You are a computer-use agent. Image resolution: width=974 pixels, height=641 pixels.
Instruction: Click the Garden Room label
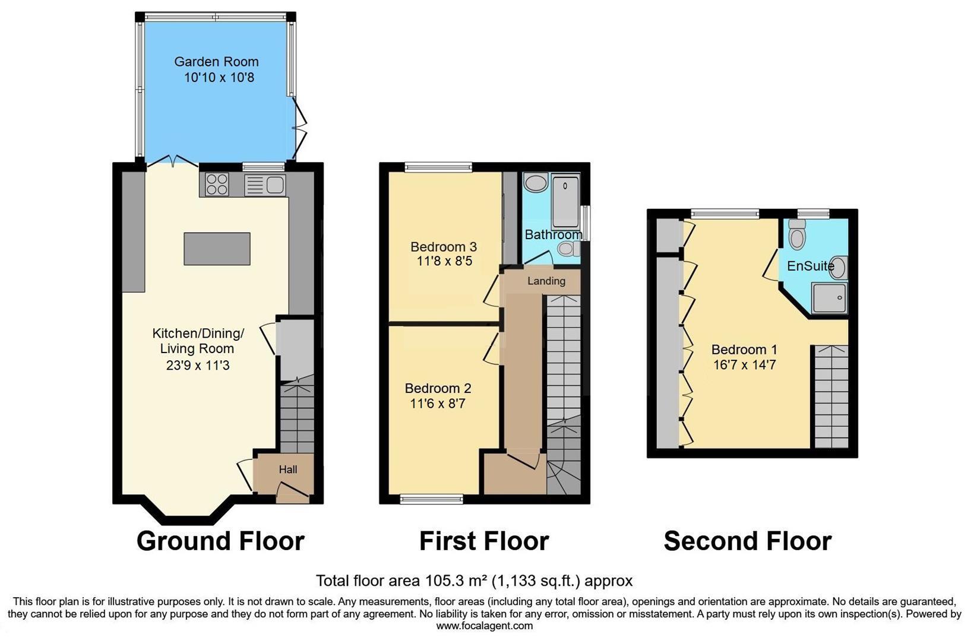pyautogui.click(x=216, y=62)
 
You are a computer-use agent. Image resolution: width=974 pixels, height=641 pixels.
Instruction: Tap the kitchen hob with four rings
pyautogui.click(x=217, y=184)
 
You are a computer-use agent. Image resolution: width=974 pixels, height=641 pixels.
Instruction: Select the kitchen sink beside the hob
pyautogui.click(x=265, y=185)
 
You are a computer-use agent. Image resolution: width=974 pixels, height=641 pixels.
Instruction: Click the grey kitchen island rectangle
pyautogui.click(x=217, y=249)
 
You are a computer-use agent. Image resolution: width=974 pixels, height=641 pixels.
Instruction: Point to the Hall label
pyautogui.click(x=288, y=469)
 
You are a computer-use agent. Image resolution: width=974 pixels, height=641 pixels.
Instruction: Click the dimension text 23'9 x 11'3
pyautogui.click(x=198, y=366)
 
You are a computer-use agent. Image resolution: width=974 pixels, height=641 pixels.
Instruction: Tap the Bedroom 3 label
pyautogui.click(x=444, y=246)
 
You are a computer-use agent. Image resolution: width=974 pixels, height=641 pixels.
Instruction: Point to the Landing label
pyautogui.click(x=546, y=281)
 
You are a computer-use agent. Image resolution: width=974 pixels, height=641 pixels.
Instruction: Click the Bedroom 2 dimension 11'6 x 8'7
pyautogui.click(x=438, y=404)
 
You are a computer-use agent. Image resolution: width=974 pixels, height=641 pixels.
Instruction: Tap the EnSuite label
pyautogui.click(x=810, y=266)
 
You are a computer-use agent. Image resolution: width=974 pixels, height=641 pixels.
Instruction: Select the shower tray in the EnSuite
pyautogui.click(x=829, y=297)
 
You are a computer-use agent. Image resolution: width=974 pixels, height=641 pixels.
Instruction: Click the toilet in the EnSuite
pyautogui.click(x=797, y=236)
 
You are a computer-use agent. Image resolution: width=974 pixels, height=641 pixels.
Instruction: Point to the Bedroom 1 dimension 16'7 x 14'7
pyautogui.click(x=744, y=365)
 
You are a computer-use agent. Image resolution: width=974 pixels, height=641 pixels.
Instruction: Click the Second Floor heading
pyautogui.click(x=747, y=541)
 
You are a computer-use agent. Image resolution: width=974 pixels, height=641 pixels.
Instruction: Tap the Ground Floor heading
pyautogui.click(x=220, y=541)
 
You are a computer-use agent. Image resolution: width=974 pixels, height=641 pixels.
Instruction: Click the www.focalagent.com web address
pyautogui.click(x=484, y=626)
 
